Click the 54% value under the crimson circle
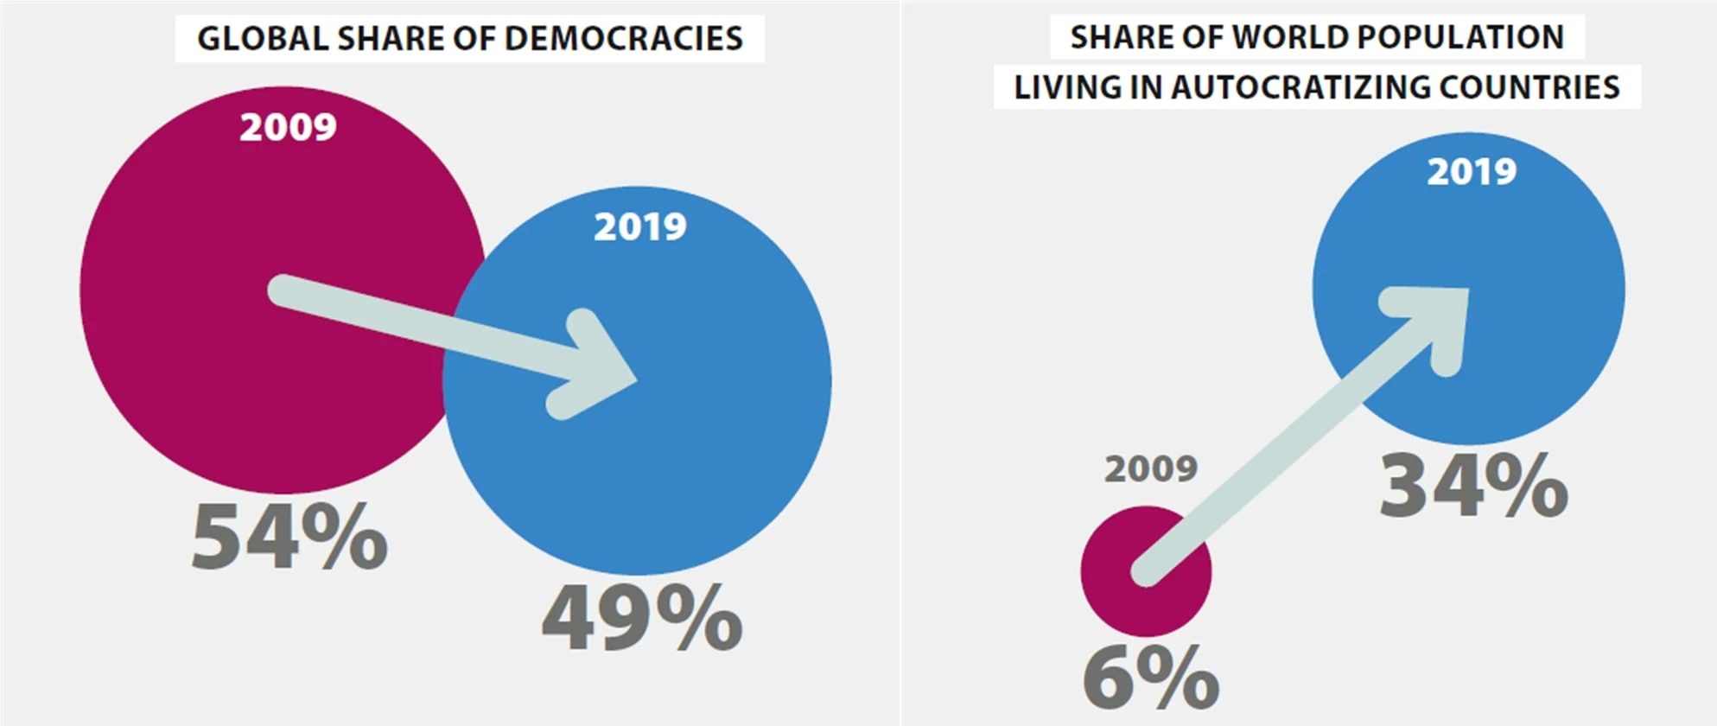click(289, 537)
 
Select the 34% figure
click(1473, 486)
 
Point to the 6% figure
click(1150, 678)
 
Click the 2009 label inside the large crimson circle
click(288, 128)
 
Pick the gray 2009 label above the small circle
click(1151, 469)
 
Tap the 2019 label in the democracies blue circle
click(640, 227)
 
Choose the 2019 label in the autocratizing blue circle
click(1472, 172)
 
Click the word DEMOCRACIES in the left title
click(623, 39)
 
